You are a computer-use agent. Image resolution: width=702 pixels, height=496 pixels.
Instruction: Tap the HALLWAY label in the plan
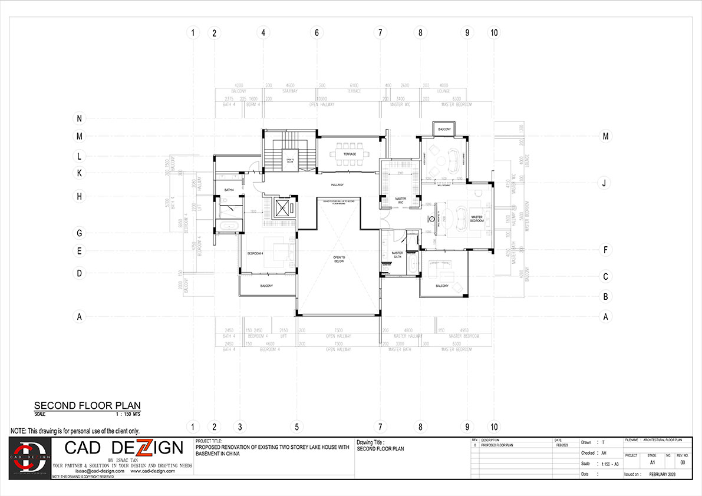coord(337,185)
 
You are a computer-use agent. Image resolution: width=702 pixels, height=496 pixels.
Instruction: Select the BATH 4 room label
coord(229,190)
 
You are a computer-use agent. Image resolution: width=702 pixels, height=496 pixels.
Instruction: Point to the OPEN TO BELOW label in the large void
coord(339,259)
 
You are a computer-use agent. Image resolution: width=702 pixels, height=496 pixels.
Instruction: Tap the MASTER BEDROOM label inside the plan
coord(477,218)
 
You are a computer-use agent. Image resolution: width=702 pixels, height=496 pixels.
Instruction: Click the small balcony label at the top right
coord(443,129)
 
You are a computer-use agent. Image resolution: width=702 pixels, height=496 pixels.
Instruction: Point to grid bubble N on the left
coord(79,118)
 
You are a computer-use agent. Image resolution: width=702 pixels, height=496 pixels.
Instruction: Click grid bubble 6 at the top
coord(317,33)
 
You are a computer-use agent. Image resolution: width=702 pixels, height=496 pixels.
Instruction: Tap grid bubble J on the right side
coord(604,183)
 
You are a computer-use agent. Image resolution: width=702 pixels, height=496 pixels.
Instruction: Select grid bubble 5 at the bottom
coord(297,426)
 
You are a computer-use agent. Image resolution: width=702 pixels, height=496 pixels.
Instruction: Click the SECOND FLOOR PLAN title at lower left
coord(87,405)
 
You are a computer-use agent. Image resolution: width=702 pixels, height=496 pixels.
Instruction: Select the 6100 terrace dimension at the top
coord(354,85)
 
